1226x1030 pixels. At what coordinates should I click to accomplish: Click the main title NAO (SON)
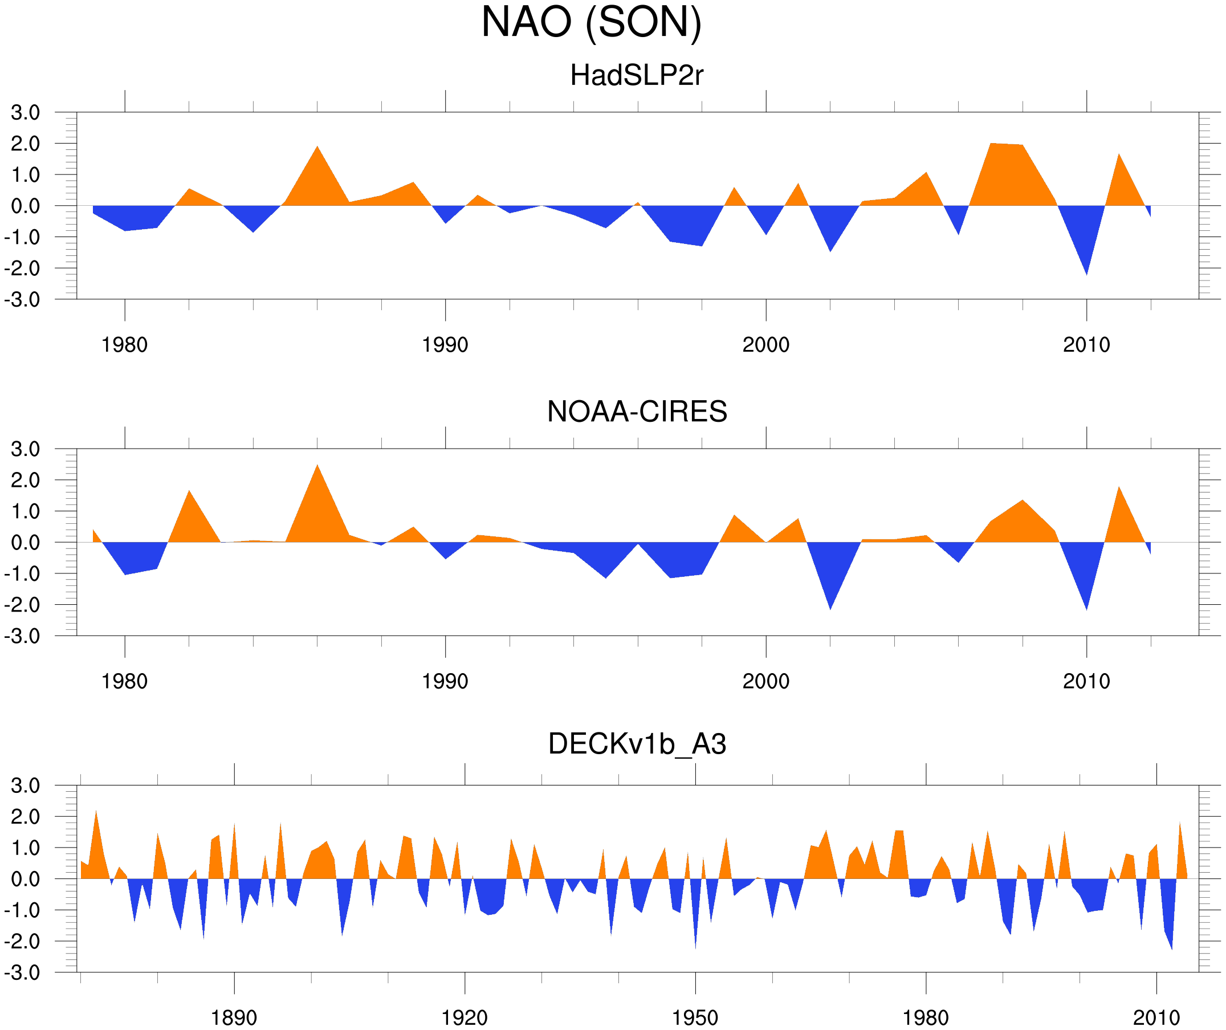click(591, 22)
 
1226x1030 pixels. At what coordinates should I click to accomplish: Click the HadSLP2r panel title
click(636, 75)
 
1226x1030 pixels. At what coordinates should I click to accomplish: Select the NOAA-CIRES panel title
click(637, 412)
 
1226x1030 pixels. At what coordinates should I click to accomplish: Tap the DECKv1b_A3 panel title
click(637, 744)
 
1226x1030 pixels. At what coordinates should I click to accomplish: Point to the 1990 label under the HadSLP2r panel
click(445, 345)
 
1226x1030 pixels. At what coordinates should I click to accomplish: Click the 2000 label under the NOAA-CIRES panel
click(765, 681)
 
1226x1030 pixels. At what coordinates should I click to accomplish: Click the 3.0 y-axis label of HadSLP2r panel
click(25, 113)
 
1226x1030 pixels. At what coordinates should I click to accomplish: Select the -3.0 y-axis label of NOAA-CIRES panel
click(22, 637)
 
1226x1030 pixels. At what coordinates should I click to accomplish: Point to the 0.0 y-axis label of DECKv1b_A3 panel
click(25, 880)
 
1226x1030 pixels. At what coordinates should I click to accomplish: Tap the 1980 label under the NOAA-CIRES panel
click(124, 681)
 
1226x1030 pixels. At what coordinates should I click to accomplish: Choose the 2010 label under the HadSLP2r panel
click(1086, 345)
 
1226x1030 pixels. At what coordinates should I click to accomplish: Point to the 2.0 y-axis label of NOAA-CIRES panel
click(25, 481)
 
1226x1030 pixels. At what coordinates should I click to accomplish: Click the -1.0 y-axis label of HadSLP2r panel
click(22, 238)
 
